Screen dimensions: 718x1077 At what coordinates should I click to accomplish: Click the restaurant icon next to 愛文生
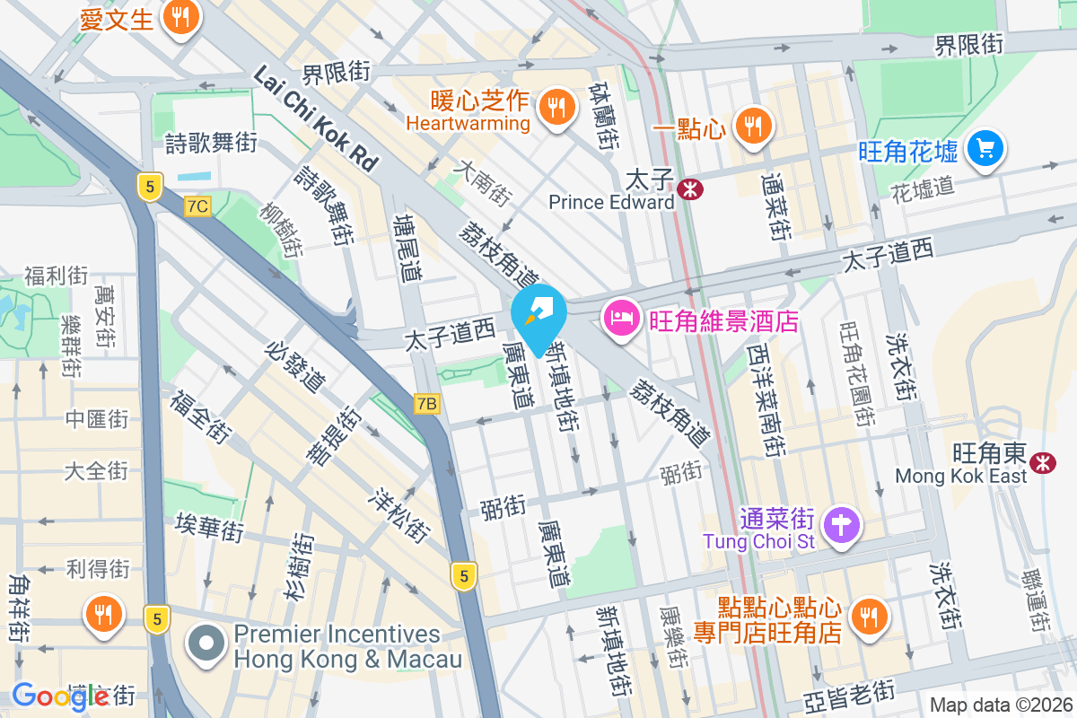click(181, 17)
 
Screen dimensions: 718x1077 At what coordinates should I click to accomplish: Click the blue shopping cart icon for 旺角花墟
click(985, 148)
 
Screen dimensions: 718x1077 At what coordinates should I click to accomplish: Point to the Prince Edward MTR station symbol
click(690, 189)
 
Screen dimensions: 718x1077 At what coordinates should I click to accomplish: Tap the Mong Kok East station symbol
click(1042, 461)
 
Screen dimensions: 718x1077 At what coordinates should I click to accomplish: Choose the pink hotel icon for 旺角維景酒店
click(619, 317)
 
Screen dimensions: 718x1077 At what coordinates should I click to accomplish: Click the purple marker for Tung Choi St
click(843, 524)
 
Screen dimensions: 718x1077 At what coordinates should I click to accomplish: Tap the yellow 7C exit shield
click(197, 206)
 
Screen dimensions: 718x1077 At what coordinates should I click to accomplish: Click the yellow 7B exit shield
click(427, 404)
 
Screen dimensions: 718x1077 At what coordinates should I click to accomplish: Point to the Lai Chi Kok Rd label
click(316, 118)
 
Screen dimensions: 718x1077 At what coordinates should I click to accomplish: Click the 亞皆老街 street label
click(848, 693)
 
